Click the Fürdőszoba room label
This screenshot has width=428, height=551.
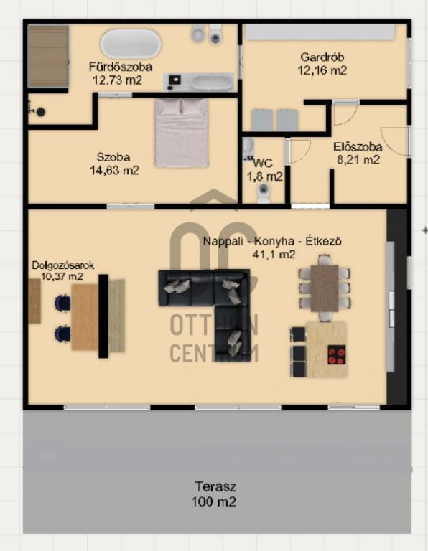coord(120,67)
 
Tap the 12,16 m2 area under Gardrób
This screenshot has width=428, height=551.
coord(322,70)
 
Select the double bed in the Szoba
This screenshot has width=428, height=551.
coord(182,133)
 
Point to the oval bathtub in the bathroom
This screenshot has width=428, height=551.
coord(131,44)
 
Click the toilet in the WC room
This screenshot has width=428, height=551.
coord(264,192)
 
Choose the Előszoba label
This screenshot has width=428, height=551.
coord(358,147)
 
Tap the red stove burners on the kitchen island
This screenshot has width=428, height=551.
coord(337,355)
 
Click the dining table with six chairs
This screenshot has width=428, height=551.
coord(325,288)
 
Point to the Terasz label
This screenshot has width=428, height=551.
coord(215,486)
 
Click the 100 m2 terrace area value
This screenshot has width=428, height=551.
coord(214,501)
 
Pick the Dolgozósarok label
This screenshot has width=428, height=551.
coord(63,265)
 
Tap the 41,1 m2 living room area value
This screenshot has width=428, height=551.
coord(274,255)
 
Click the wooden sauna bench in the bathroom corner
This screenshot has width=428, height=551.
coord(48,56)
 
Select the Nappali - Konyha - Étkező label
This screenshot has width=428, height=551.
coord(272,241)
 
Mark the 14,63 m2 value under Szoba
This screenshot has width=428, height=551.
coord(115,171)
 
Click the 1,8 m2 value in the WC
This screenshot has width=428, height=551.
coord(264,176)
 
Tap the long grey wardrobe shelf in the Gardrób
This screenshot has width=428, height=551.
coord(320,32)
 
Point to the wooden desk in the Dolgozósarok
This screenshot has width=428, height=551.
coord(85,317)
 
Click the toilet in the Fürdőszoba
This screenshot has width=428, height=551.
coord(215,34)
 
